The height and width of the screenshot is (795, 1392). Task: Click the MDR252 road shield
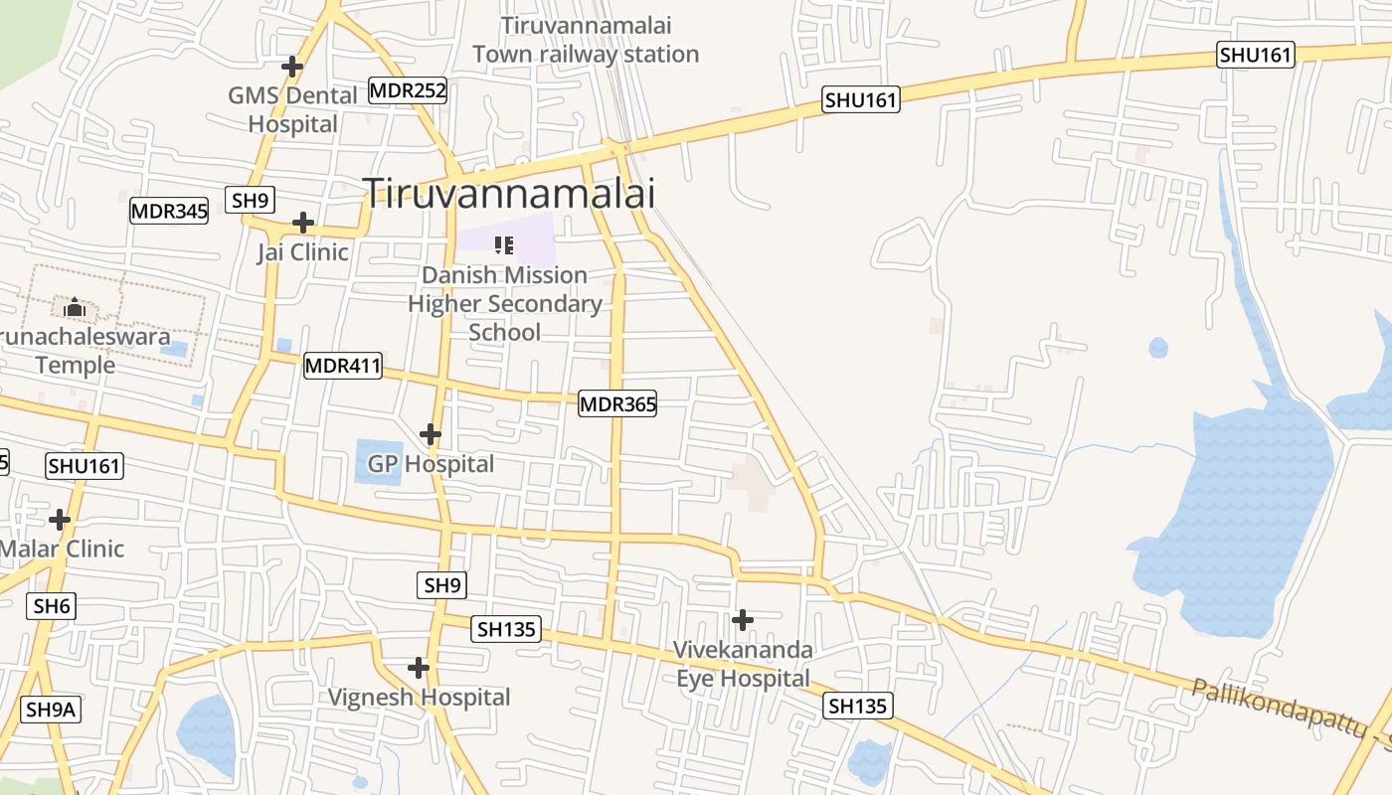[408, 90]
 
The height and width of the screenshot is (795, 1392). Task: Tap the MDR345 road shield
[169, 211]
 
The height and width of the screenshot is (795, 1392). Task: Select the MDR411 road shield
[343, 366]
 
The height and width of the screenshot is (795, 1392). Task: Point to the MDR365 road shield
[617, 403]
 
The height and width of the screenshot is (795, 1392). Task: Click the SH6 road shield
[52, 605]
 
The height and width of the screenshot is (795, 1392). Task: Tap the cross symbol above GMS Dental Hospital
[292, 67]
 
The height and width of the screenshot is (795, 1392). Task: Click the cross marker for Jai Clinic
[303, 223]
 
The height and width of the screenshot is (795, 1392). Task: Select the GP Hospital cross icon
[431, 434]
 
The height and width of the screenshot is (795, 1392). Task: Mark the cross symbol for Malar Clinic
[60, 519]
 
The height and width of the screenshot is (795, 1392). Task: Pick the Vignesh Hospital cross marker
[419, 667]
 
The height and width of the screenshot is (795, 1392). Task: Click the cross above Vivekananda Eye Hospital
[742, 620]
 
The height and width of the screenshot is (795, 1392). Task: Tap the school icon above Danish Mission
[504, 244]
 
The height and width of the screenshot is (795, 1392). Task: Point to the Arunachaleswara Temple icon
[76, 308]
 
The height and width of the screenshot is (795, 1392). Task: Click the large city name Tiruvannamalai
[509, 193]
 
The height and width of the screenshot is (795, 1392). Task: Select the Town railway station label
[586, 40]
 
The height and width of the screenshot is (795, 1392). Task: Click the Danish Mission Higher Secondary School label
[505, 303]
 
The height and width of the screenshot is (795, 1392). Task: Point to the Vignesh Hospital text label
[420, 698]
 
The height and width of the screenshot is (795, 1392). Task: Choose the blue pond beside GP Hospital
[379, 462]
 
